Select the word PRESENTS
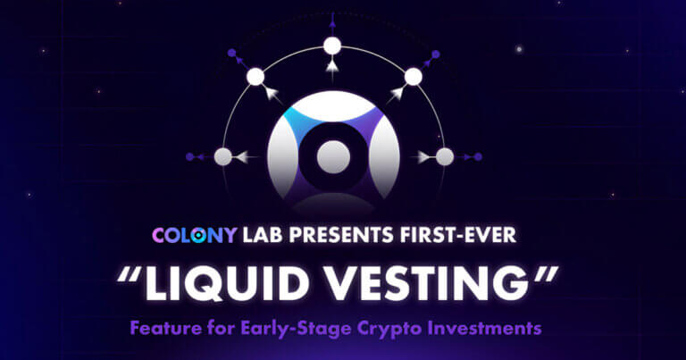point(346,237)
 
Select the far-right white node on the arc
point(444,157)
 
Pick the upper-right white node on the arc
point(413,77)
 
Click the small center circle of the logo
point(332,153)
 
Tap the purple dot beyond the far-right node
point(478,157)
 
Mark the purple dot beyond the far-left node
point(188,157)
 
